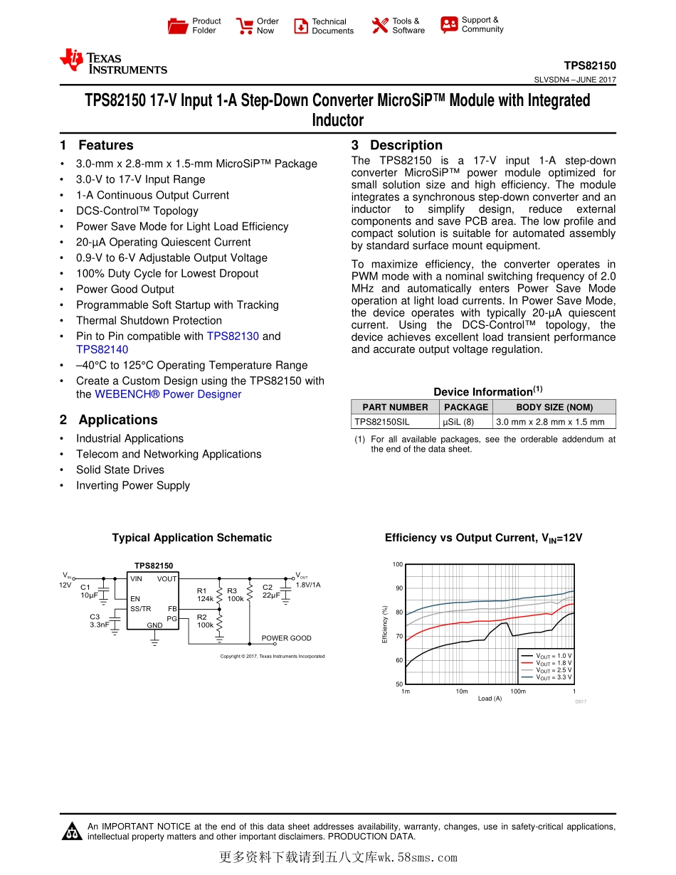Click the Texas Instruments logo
[x=113, y=63]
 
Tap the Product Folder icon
[x=178, y=26]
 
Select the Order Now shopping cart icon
[x=245, y=26]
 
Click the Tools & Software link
[x=408, y=26]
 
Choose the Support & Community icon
[x=449, y=25]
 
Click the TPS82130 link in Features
[x=233, y=336]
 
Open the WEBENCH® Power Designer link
[x=168, y=394]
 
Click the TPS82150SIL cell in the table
[x=382, y=422]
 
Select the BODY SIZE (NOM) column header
[x=554, y=407]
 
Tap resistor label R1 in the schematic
[x=201, y=590]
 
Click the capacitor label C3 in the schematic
[x=95, y=617]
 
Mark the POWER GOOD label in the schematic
[x=286, y=638]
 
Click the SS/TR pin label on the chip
[x=140, y=609]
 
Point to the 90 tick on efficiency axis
[x=399, y=588]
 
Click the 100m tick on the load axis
[x=517, y=691]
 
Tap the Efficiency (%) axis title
[x=385, y=625]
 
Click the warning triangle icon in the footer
[x=72, y=831]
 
